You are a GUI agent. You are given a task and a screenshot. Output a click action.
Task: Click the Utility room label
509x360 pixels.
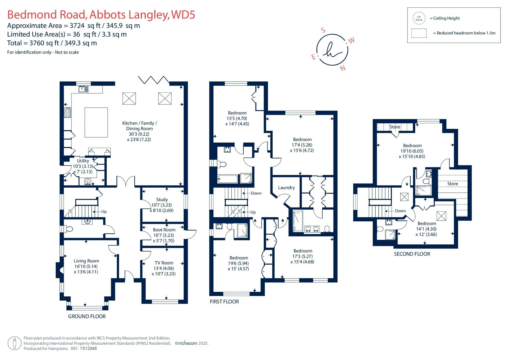(x=83, y=161)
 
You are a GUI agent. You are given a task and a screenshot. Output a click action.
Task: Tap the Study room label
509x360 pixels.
(x=162, y=199)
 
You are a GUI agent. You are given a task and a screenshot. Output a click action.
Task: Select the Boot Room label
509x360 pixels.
(x=164, y=230)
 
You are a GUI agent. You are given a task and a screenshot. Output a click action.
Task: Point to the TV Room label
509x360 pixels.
(x=164, y=263)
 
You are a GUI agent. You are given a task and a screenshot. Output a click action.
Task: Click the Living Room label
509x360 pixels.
(x=86, y=261)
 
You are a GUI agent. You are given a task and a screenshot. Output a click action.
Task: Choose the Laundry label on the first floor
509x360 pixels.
(x=286, y=187)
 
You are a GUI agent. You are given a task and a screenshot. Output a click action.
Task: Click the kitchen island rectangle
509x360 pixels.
(x=96, y=122)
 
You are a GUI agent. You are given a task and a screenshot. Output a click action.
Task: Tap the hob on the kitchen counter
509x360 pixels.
(x=67, y=112)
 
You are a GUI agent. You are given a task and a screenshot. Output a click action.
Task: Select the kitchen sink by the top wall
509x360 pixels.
(x=84, y=89)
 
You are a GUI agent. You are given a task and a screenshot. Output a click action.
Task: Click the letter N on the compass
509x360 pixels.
(x=343, y=68)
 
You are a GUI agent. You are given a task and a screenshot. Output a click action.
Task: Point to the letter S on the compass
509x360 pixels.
(x=323, y=30)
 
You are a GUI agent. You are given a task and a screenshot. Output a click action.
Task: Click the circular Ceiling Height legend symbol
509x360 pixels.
(x=419, y=18)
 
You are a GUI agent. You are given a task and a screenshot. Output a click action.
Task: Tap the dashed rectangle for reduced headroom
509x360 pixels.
(x=419, y=33)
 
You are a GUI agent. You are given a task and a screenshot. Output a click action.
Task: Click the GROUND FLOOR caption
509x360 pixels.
(x=87, y=316)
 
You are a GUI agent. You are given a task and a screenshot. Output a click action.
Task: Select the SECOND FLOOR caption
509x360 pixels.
(x=412, y=254)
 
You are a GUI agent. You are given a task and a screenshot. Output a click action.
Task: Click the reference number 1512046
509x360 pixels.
(x=88, y=349)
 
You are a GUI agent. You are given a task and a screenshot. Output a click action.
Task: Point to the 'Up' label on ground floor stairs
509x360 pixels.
(x=104, y=212)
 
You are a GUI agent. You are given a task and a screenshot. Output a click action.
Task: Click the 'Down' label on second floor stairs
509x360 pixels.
(x=400, y=211)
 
